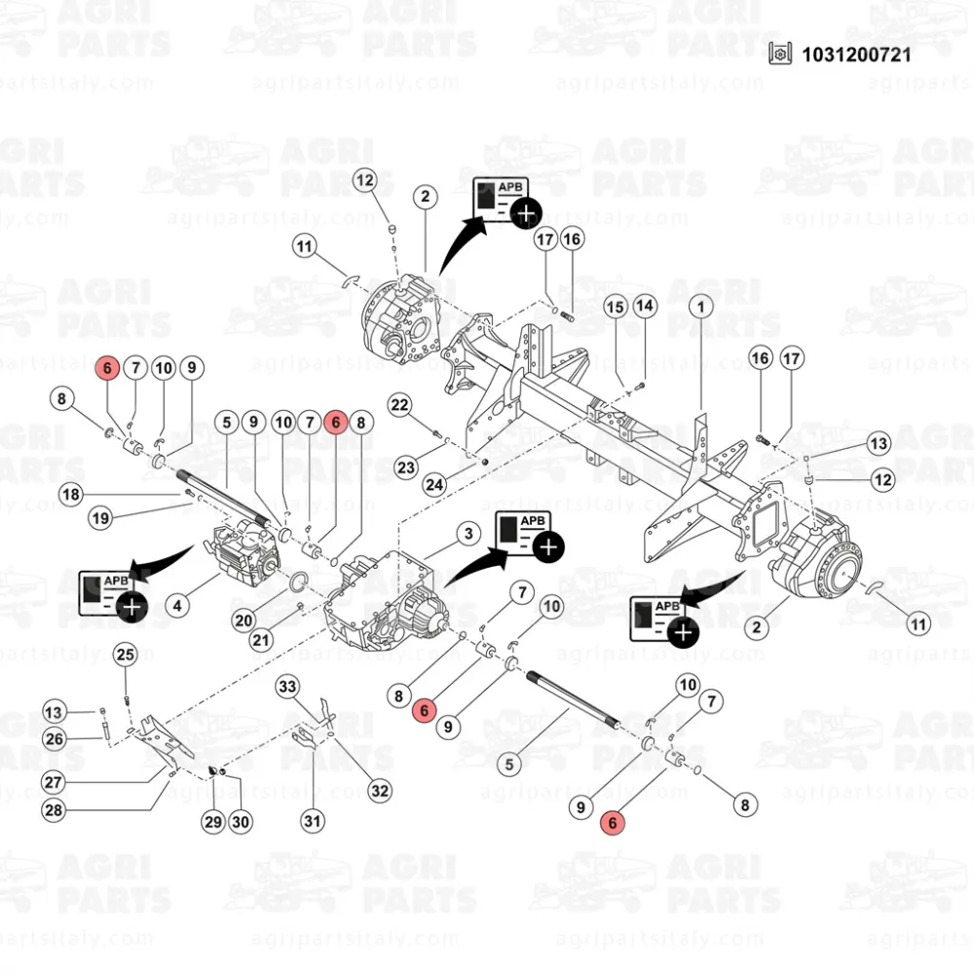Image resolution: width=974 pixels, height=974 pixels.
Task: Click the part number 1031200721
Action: (856, 54)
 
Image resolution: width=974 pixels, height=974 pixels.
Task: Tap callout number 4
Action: (177, 606)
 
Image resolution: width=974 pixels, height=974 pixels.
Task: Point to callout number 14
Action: (645, 307)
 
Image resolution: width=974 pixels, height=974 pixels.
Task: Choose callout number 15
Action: (616, 307)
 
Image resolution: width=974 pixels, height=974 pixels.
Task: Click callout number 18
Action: (71, 494)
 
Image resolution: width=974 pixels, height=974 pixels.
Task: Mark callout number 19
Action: (100, 518)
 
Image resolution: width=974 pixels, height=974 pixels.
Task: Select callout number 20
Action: (243, 618)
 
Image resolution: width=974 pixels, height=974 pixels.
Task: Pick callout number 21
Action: (261, 640)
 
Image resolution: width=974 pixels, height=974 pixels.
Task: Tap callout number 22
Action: (400, 404)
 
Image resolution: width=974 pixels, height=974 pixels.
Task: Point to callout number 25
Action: (126, 655)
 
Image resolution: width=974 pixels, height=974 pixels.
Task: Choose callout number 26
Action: (55, 739)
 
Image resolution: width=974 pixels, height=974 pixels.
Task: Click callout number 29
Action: (213, 821)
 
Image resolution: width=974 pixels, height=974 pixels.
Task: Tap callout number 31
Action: (312, 821)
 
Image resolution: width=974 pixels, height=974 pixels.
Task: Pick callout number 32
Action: (379, 790)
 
